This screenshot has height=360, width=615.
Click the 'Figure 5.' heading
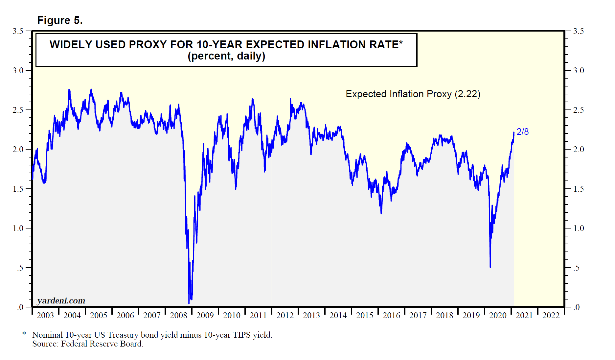(60, 20)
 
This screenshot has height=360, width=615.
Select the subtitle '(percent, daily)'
(226, 56)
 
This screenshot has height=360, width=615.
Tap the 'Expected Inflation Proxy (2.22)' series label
(413, 94)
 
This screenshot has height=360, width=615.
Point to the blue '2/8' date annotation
(522, 132)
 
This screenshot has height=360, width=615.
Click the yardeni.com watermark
(61, 300)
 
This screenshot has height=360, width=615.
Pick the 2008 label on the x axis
(178, 316)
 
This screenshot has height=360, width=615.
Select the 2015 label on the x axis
(365, 316)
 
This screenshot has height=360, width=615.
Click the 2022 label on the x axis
(551, 316)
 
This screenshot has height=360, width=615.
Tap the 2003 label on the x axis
(45, 316)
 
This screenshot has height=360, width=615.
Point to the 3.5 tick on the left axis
(18, 31)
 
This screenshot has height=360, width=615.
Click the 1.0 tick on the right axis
(579, 228)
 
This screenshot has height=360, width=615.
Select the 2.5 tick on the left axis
(18, 110)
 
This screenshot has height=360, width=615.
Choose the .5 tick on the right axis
(576, 268)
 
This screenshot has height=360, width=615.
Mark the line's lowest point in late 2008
(189, 303)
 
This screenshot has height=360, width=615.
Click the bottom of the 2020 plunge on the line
(490, 267)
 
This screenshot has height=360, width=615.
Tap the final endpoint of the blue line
(514, 132)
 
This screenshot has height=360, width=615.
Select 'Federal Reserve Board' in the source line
(102, 344)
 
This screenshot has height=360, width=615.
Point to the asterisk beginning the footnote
(24, 334)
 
